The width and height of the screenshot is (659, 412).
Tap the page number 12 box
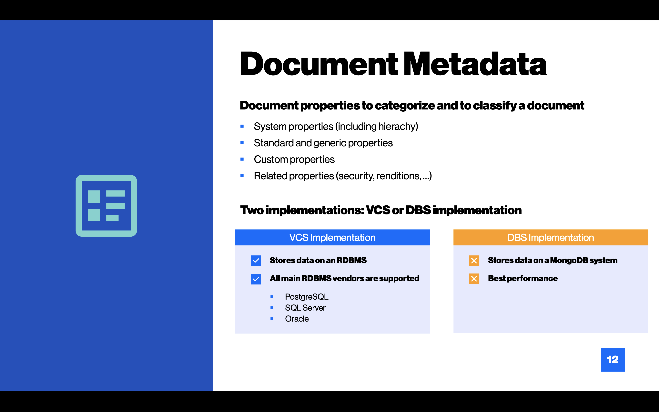(613, 360)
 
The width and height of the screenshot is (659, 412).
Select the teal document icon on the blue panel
(106, 206)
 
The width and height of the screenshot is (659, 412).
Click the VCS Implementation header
(332, 238)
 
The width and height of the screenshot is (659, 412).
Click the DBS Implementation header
(551, 238)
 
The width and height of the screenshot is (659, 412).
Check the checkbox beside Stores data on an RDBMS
(256, 261)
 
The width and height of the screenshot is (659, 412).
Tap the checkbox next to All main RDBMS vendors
(256, 279)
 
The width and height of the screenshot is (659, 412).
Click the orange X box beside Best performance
(474, 279)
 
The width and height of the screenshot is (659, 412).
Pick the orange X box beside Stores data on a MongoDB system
(474, 261)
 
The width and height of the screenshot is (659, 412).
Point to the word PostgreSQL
(307, 297)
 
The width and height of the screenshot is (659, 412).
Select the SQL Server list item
(305, 308)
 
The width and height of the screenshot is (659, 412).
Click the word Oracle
(297, 319)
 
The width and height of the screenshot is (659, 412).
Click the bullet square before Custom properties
(242, 159)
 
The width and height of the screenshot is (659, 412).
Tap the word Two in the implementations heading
(252, 210)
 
